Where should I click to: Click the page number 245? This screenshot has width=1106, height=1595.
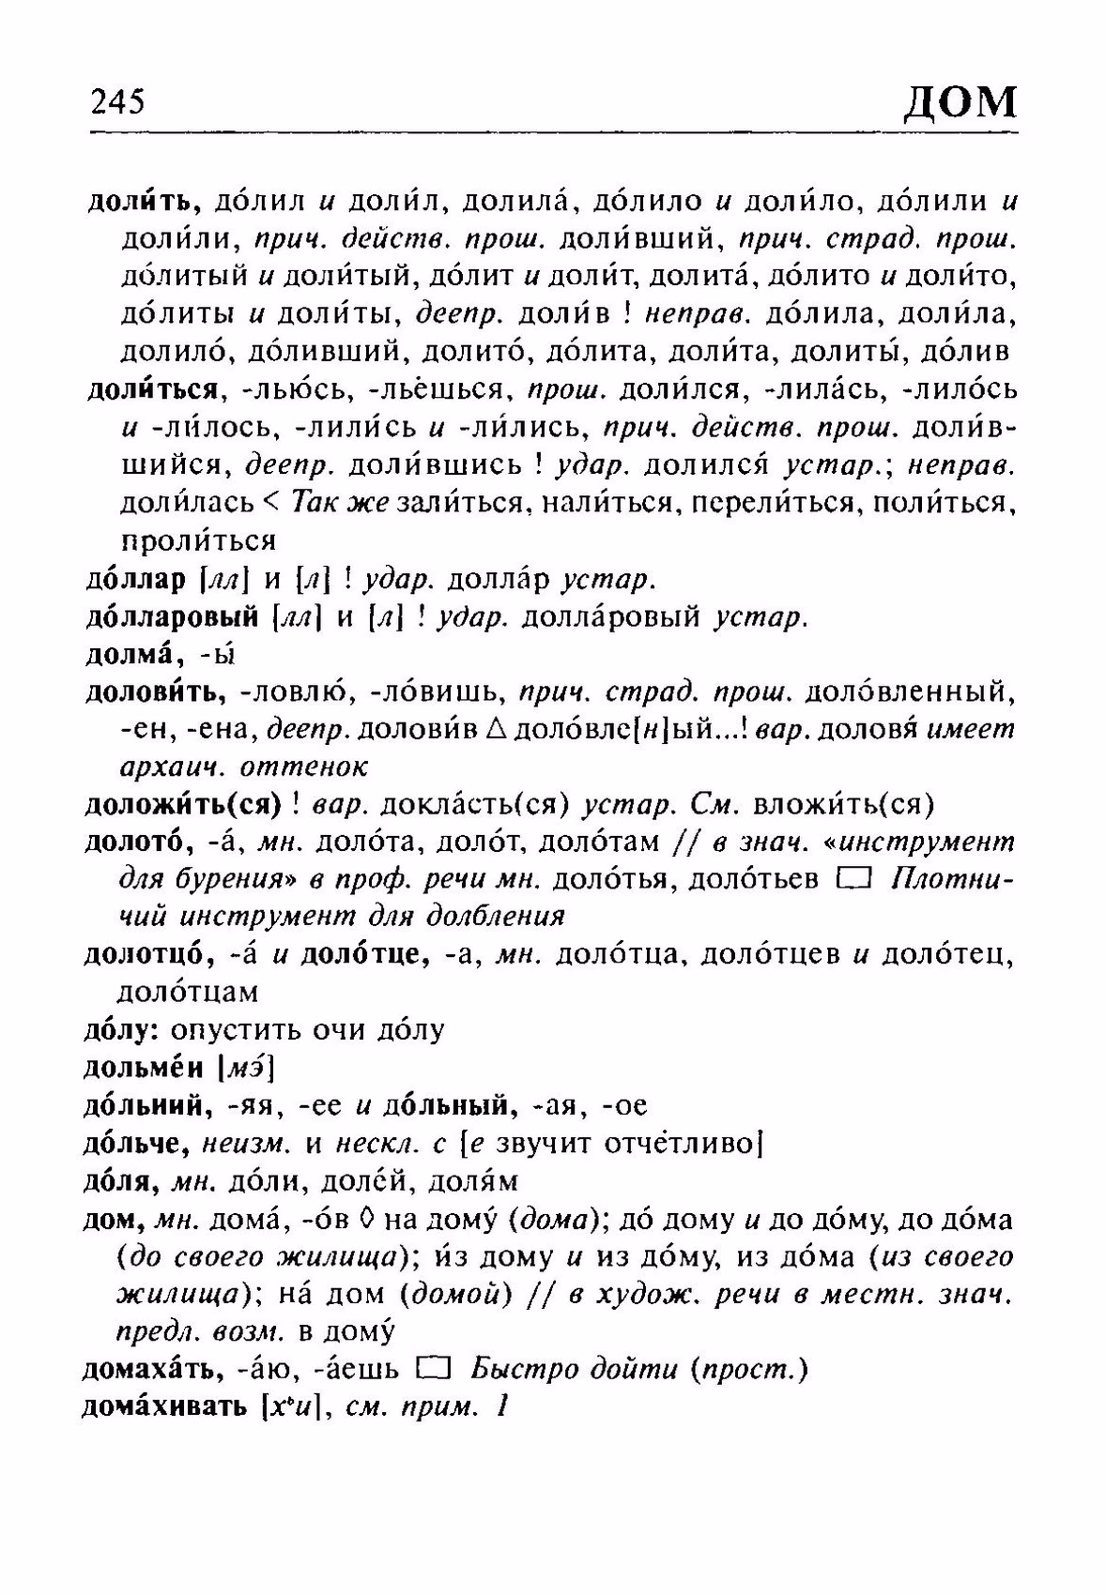(118, 101)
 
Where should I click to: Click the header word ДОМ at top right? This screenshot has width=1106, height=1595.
(960, 100)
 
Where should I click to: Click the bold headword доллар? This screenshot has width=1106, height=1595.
(135, 580)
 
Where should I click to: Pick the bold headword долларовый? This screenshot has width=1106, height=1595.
(172, 617)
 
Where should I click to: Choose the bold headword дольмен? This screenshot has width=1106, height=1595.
(145, 1069)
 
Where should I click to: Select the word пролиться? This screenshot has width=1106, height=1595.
(198, 541)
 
